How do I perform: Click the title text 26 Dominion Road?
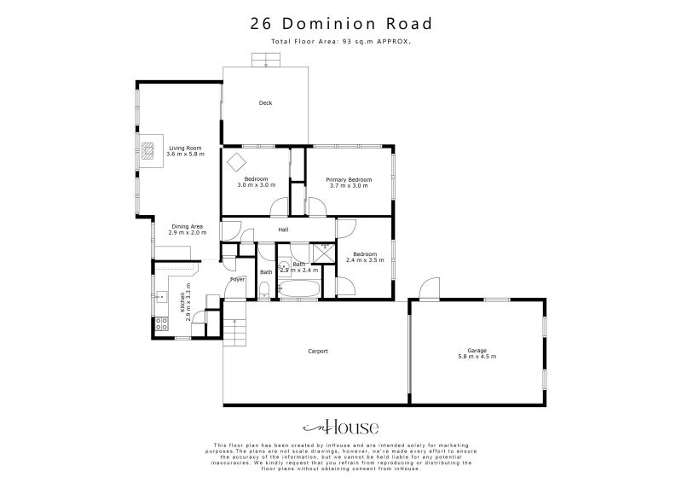[341, 24]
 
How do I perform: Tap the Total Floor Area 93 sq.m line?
[341, 41]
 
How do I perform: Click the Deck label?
[265, 103]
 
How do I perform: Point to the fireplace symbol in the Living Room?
[148, 151]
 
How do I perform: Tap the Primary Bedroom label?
[350, 180]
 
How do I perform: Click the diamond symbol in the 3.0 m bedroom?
[235, 160]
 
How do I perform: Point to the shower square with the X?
[324, 253]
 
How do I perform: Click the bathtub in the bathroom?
[298, 292]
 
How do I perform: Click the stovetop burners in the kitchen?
[159, 323]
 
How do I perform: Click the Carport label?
[318, 351]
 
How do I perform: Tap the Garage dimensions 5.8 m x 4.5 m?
[481, 356]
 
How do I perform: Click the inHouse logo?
[341, 427]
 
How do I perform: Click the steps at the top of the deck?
[265, 61]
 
